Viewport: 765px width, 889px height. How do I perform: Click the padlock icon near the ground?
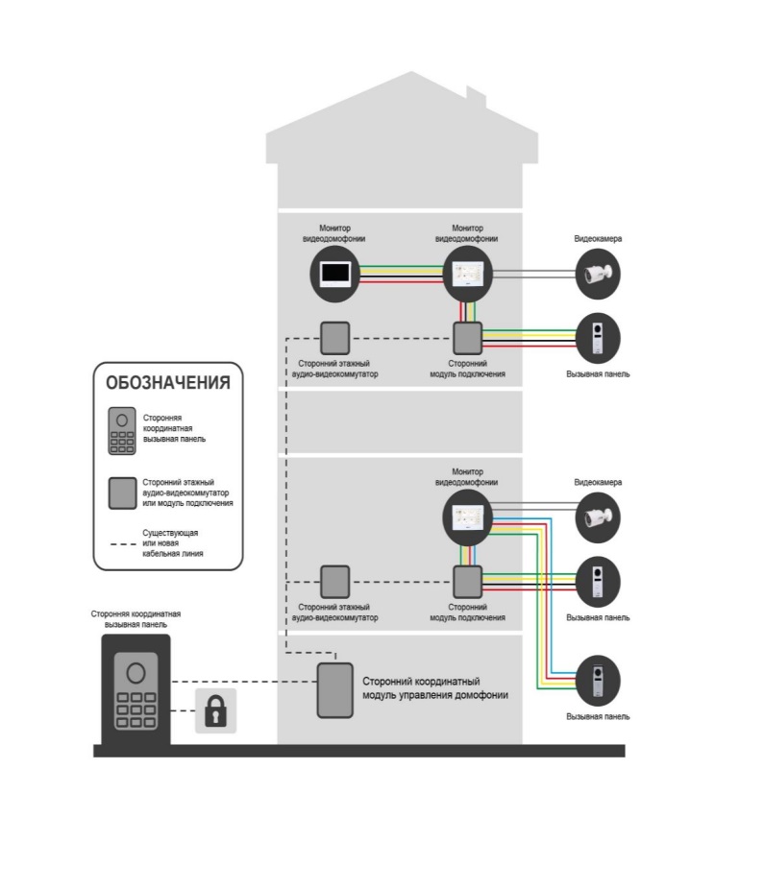click(215, 712)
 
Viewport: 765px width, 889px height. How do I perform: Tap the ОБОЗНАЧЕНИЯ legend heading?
click(168, 382)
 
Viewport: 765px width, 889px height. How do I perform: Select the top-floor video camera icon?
click(598, 275)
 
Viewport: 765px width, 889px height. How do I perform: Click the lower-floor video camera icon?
click(598, 518)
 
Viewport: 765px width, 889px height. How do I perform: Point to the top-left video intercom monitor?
click(334, 275)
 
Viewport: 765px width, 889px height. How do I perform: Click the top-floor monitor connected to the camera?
click(467, 275)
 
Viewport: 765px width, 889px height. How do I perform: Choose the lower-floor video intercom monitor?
click(467, 518)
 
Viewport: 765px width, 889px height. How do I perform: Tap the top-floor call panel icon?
click(598, 337)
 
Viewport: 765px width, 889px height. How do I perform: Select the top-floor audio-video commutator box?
click(334, 337)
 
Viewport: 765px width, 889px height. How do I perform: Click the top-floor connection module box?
click(467, 337)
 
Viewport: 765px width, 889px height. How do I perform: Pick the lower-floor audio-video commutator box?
click(334, 581)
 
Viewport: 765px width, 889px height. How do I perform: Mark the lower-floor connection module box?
click(467, 581)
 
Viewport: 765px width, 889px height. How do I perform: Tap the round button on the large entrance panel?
click(136, 670)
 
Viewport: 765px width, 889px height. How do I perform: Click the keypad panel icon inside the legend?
click(121, 431)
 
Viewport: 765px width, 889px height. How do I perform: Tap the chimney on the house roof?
click(476, 96)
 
